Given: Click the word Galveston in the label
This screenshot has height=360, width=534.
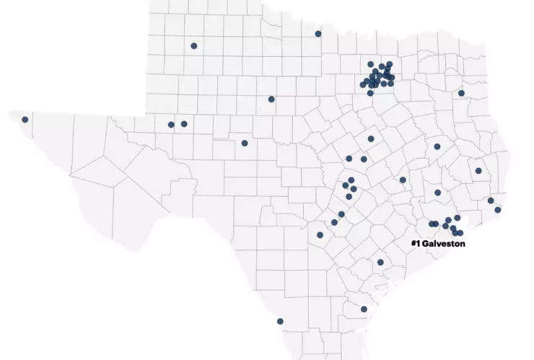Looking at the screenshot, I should (444, 244).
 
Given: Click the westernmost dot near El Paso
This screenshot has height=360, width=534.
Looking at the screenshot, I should (25, 120).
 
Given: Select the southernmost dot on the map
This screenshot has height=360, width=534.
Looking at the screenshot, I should (280, 322).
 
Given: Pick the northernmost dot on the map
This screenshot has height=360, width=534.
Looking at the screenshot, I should (318, 34).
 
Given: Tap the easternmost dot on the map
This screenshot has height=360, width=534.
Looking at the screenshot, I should (498, 210).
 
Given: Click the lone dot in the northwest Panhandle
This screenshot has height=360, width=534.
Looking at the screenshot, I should (194, 46).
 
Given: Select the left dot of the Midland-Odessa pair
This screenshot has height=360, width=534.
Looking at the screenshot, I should (171, 125).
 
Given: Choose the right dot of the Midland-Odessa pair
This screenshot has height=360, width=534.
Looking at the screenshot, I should (184, 124).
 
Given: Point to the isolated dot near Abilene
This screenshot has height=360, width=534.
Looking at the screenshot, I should (271, 100).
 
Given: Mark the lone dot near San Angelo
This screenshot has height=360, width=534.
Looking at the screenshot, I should (245, 143).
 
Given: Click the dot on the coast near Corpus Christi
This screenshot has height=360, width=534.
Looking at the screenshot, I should (364, 309).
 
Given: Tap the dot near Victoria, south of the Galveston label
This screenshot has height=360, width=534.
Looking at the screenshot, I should (380, 262).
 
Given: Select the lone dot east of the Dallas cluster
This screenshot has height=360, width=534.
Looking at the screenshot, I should (461, 93).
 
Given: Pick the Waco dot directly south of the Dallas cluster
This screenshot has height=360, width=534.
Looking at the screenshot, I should (371, 139).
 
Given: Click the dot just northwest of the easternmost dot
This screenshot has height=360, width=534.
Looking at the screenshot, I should (491, 201).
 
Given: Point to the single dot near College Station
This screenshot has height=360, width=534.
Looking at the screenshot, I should (403, 180).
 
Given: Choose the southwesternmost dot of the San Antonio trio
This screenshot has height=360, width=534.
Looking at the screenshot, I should (320, 235).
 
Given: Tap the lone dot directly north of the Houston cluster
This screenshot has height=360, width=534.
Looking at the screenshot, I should (438, 193).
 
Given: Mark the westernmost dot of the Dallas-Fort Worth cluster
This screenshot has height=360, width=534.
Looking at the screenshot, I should (362, 84).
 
